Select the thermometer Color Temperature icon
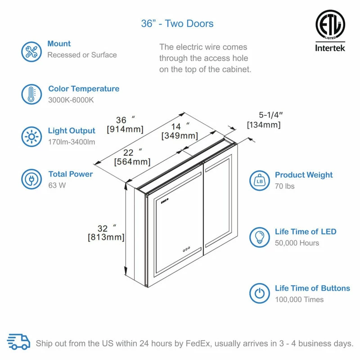tap(31, 94)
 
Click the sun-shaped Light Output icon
tap(31, 136)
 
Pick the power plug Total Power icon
tap(31, 179)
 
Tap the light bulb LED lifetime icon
tap(260, 237)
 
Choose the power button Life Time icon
tap(260, 293)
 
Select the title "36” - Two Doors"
tap(177, 24)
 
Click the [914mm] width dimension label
tap(125, 130)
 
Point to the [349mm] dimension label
tap(179, 135)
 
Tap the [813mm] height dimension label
tap(106, 238)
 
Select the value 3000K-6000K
tap(71, 100)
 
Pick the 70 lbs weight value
tap(285, 186)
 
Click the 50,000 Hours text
tap(297, 243)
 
